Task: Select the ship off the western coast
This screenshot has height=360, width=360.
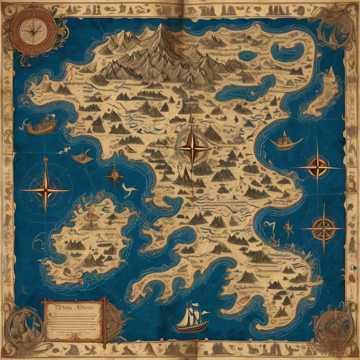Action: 43,126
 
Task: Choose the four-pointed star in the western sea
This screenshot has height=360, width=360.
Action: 45,190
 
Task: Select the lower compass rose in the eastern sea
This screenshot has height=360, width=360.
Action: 323,229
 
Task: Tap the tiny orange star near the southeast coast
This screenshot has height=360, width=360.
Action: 289,228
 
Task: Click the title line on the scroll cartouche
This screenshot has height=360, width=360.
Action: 73,307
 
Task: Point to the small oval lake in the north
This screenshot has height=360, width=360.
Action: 247,56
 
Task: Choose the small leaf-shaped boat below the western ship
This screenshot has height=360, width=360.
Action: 83,158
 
